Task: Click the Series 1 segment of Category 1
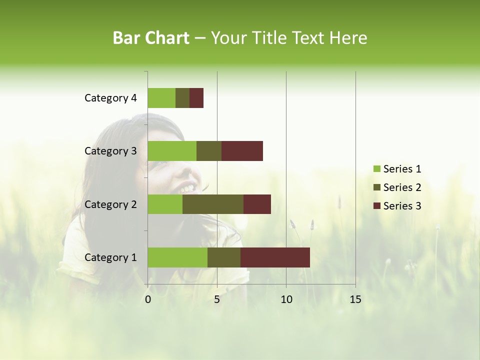(177, 257)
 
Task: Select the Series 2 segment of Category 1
(224, 257)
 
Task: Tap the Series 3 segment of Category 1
(275, 257)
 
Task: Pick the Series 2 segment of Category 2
(213, 204)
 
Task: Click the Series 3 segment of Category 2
(257, 204)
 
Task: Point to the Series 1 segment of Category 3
(172, 151)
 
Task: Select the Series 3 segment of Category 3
(242, 151)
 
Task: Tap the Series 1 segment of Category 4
(161, 98)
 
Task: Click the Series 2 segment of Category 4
(182, 98)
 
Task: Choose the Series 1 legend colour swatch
(376, 169)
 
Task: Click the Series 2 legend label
(402, 187)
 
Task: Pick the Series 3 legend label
(402, 206)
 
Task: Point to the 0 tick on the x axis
(148, 299)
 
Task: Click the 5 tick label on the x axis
(217, 299)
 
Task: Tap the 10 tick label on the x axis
(286, 299)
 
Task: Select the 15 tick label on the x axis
(355, 299)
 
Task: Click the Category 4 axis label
(110, 98)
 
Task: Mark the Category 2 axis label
(110, 204)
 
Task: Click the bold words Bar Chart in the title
(151, 38)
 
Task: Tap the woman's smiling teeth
(188, 188)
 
